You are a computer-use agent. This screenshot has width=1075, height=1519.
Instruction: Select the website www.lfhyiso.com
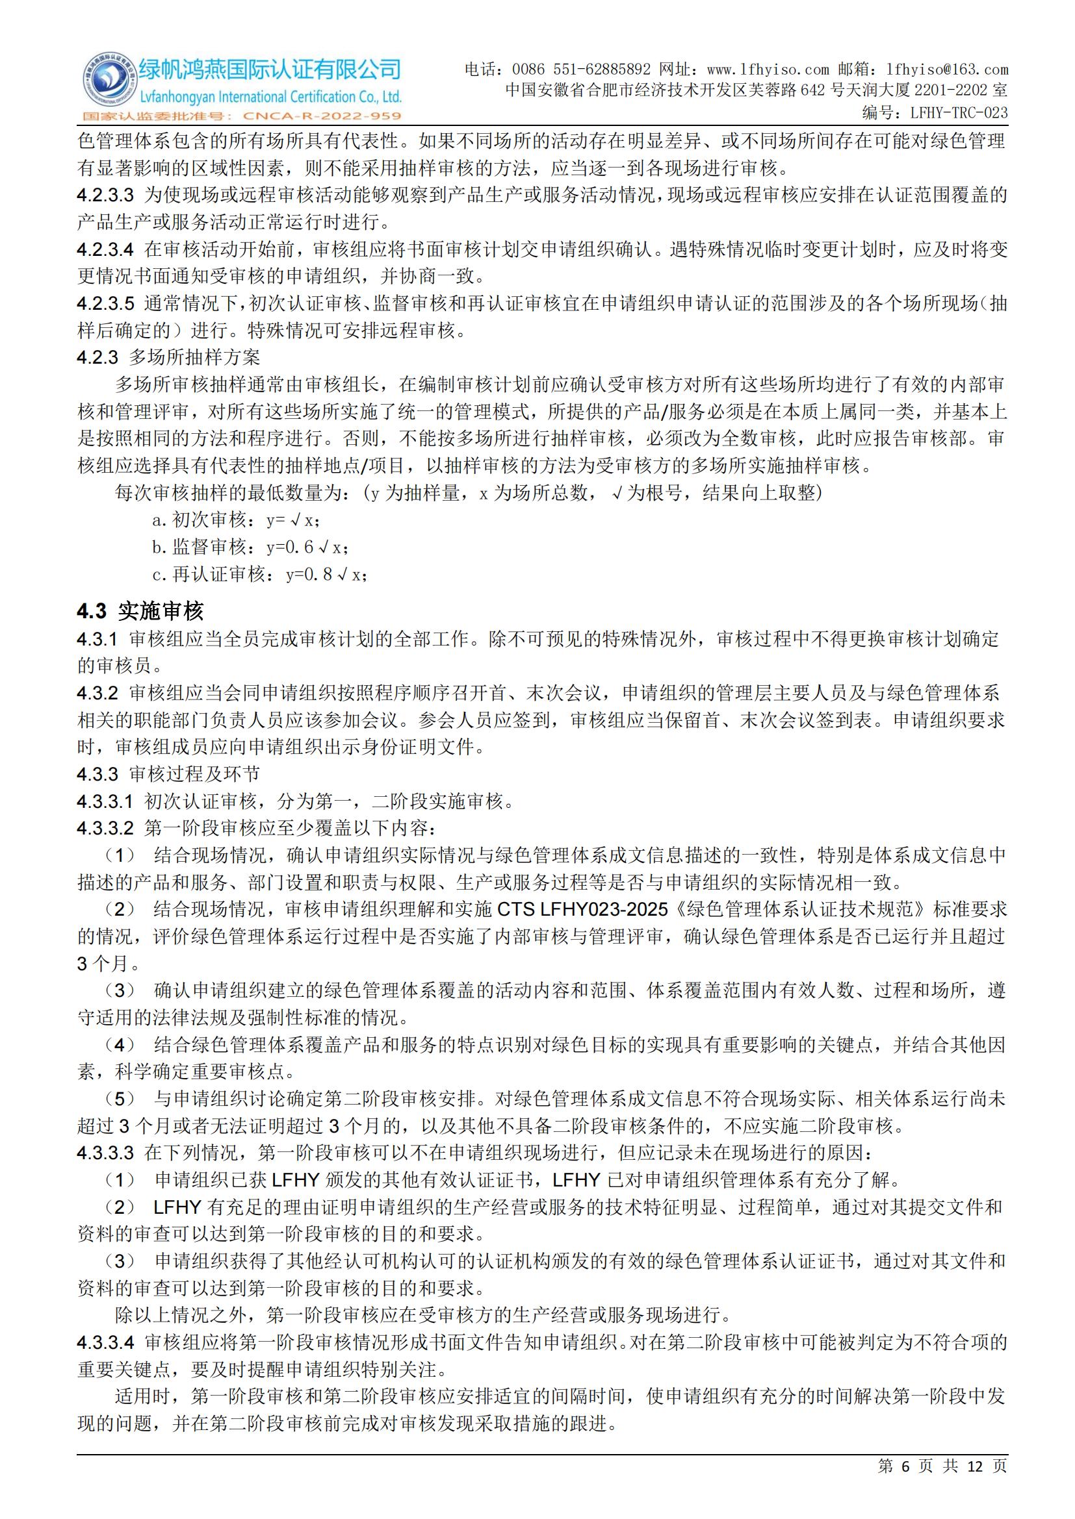(x=768, y=69)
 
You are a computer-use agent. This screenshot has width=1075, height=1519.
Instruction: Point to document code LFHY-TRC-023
(x=959, y=112)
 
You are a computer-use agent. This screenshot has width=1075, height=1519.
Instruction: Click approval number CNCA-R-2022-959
(x=322, y=116)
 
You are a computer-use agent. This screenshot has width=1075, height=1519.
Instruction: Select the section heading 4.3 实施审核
(x=140, y=610)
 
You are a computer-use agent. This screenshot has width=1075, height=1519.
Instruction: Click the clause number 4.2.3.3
(x=105, y=195)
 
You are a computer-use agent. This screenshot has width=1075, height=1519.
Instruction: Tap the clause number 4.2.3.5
(x=105, y=304)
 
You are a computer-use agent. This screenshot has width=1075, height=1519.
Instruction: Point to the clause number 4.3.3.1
(x=105, y=802)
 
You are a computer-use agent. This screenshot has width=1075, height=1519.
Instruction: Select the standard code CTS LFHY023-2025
(x=582, y=910)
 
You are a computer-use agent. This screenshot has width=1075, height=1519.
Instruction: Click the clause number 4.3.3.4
(x=105, y=1324)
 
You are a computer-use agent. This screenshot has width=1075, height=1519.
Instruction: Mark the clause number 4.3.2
(x=97, y=694)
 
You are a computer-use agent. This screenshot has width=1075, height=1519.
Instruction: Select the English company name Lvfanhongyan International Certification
(x=270, y=97)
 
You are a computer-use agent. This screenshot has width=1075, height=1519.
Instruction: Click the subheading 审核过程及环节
(x=194, y=775)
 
